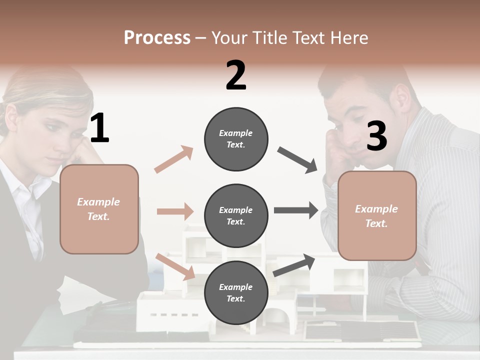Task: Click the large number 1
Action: [99, 128]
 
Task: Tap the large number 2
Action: [236, 75]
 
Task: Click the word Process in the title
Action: [157, 37]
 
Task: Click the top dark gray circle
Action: [236, 139]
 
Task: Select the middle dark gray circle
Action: [236, 215]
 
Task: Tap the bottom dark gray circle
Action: [236, 292]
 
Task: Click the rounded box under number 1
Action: [99, 209]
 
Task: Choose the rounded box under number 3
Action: [377, 215]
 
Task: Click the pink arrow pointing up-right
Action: [173, 159]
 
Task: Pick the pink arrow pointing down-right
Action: [175, 266]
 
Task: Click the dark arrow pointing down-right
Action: [297, 160]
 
